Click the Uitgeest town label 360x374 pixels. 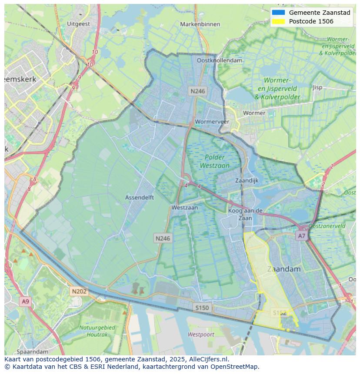[x=79, y=24]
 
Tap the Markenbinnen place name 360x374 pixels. [x=200, y=24]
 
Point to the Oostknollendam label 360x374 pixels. [x=220, y=60]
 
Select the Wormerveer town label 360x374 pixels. [x=212, y=122]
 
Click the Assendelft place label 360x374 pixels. [x=140, y=197]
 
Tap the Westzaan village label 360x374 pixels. [x=184, y=208]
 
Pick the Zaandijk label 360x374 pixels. [x=247, y=180]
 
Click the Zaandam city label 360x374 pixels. [x=284, y=269]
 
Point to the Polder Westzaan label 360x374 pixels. [x=215, y=161]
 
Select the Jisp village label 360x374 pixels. [x=317, y=87]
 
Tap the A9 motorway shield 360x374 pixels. [x=25, y=301]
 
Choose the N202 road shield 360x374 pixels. [x=79, y=291]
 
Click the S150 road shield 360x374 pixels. [x=202, y=308]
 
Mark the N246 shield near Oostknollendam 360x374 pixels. [x=197, y=91]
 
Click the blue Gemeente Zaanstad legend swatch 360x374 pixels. [x=278, y=13]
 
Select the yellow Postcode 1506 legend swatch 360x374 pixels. [x=278, y=21]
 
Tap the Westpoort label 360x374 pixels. [x=201, y=334]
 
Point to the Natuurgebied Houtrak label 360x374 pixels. [x=97, y=331]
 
